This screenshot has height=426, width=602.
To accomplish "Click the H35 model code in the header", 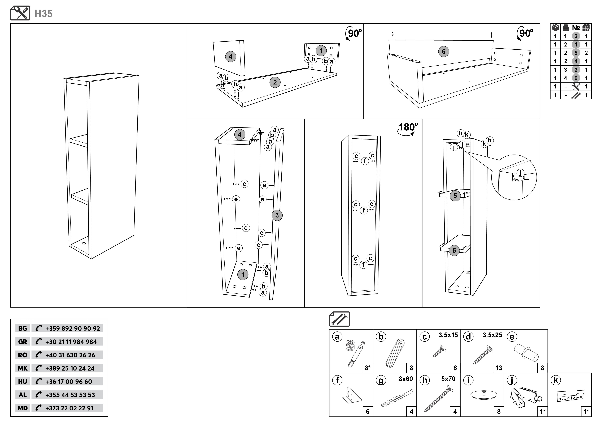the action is pos(43,14).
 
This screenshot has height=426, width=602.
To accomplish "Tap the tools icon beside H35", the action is pos(20,13).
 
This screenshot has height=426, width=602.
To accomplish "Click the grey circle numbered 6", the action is pos(444,51).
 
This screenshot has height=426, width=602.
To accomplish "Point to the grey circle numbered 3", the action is pos(277,215).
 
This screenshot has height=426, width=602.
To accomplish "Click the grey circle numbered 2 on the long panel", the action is pos(275,82).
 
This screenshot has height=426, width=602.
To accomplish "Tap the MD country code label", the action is pos(23,408).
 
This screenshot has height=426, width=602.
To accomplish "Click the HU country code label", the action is pos(23,382).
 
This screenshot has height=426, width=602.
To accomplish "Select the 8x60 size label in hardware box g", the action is pos(406,379).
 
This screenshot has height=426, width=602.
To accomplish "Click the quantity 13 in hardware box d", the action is pos(499,368).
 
